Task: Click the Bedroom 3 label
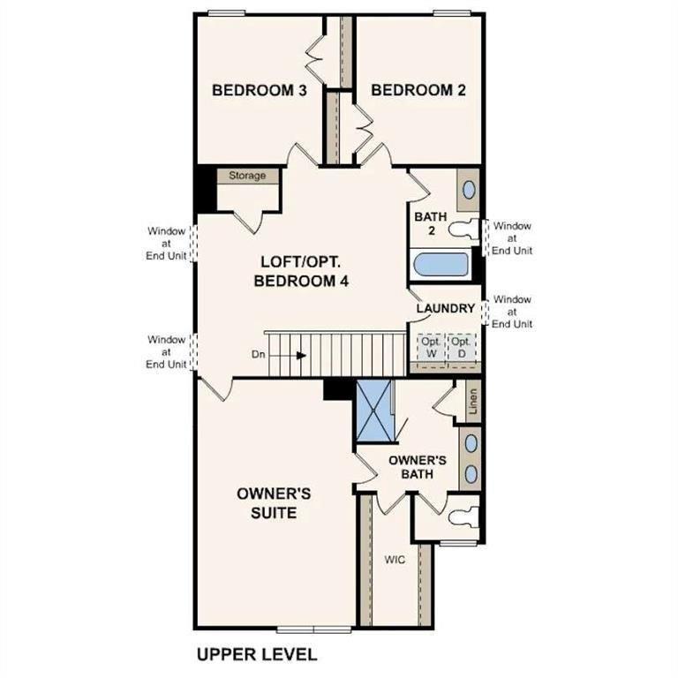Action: point(260,90)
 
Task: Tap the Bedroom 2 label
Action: point(418,90)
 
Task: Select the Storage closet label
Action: point(247,176)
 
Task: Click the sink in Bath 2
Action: point(469,190)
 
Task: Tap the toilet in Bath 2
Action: point(462,229)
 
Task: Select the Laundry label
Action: point(446,308)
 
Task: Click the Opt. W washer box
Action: point(430,347)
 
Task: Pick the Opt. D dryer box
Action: point(460,347)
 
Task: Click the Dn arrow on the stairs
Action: point(301,356)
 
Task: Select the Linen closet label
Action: point(472,402)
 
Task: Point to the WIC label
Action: point(394,560)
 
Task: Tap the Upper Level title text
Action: point(256,654)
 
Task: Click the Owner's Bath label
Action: point(418,467)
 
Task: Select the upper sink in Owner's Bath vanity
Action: point(471,443)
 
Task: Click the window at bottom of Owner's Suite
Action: point(315,629)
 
